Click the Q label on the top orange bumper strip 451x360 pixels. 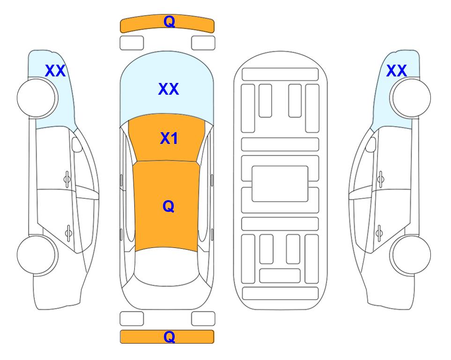tap(169, 22)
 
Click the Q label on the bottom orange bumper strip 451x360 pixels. tap(169, 337)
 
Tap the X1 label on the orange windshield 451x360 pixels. tap(169, 138)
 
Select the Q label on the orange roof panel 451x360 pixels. tap(169, 206)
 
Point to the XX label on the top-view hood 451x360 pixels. tap(169, 89)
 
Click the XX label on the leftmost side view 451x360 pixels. tap(55, 71)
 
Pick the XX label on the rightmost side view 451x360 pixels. tap(396, 71)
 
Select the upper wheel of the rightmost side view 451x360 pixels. tap(411, 97)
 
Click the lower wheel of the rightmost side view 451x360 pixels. tap(411, 255)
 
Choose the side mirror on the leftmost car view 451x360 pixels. tap(77, 144)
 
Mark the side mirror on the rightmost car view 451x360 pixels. tap(371, 144)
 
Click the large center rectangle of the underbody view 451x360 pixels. tap(280, 184)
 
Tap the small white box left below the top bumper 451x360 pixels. tap(132, 43)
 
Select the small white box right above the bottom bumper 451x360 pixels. tap(203, 319)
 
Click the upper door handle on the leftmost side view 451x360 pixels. tap(67, 179)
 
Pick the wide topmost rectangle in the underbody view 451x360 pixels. tap(280, 75)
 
